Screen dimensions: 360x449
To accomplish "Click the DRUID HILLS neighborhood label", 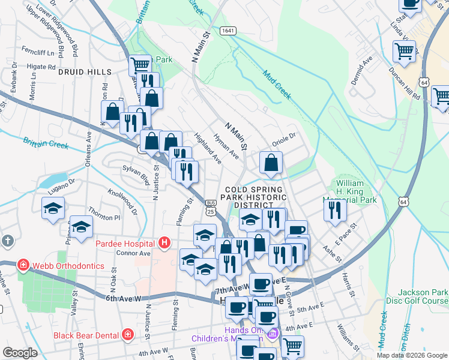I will click(x=85, y=72).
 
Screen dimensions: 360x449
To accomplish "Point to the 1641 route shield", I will click(x=228, y=30).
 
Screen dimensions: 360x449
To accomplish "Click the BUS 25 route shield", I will click(x=210, y=207).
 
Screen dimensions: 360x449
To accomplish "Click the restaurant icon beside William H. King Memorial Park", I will click(x=334, y=209).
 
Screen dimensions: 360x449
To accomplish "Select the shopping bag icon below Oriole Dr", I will click(x=271, y=162).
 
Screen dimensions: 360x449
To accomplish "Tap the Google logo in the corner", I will click(x=20, y=353).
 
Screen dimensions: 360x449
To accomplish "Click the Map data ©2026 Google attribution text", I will click(x=412, y=355).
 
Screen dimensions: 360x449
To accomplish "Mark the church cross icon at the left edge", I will click(x=7, y=241).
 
